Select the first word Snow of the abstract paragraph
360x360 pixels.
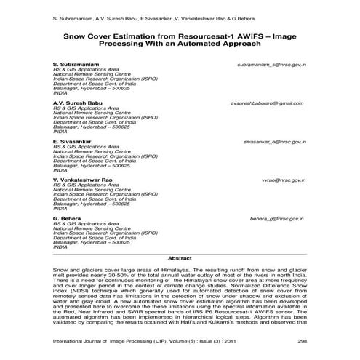[x=60, y=270]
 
